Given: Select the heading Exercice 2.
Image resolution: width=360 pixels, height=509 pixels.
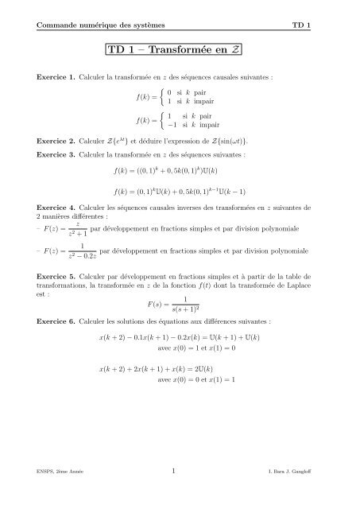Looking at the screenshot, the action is (x=51, y=142).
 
